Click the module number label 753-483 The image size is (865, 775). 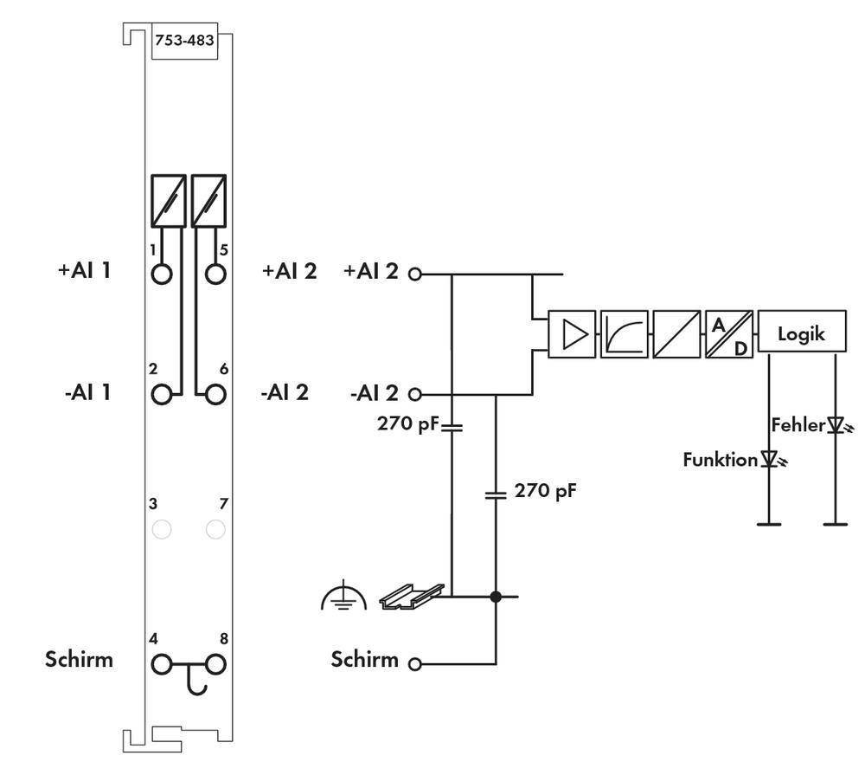pos(183,40)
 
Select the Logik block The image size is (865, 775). pos(801,333)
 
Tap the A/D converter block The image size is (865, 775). pos(729,334)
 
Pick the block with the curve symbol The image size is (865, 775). pos(624,334)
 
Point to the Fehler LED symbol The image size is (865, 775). pos(835,425)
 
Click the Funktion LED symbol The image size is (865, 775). pos(768,459)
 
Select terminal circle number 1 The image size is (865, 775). pos(162,274)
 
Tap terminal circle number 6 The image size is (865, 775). pos(216,393)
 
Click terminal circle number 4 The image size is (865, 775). pos(162,664)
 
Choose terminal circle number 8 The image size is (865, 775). pos(216,664)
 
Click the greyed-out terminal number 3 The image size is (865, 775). pos(162,528)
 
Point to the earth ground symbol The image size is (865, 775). pos(343,597)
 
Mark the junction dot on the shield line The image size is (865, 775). pos(496,596)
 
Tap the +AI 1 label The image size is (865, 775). pos(85,270)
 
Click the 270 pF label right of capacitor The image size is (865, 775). pos(545,491)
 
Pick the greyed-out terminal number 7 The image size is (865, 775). pos(216,528)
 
